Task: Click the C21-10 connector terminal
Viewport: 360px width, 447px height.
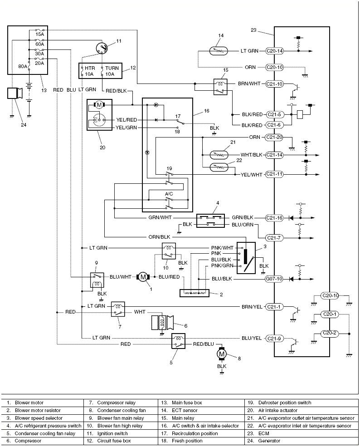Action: pos(275,84)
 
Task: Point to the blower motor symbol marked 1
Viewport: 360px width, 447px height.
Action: pos(143,276)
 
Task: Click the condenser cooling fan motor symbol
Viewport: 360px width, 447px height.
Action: pos(222,354)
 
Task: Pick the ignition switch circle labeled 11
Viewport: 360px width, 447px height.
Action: pos(103,48)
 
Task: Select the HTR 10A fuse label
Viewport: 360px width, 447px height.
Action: pos(87,71)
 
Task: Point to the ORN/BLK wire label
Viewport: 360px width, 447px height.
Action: pos(159,236)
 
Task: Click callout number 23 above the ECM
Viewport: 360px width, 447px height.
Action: pos(253,30)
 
